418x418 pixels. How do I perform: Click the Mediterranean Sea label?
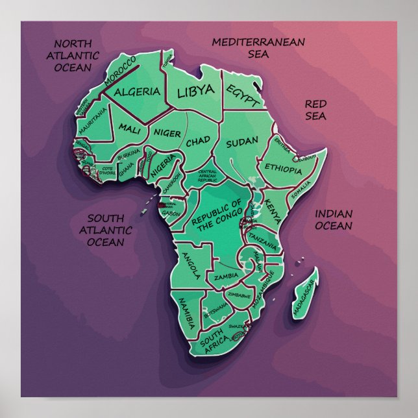(x=258, y=47)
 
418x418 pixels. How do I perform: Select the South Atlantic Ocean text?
(x=105, y=230)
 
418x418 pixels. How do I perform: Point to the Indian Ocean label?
(x=334, y=220)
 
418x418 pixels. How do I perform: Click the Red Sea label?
(x=316, y=110)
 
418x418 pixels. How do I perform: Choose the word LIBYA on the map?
(x=195, y=90)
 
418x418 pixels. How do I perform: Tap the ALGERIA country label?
(x=137, y=92)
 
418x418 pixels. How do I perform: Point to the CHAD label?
(x=198, y=141)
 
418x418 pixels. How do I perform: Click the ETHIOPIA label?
(x=283, y=169)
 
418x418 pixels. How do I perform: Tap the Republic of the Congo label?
(x=217, y=215)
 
